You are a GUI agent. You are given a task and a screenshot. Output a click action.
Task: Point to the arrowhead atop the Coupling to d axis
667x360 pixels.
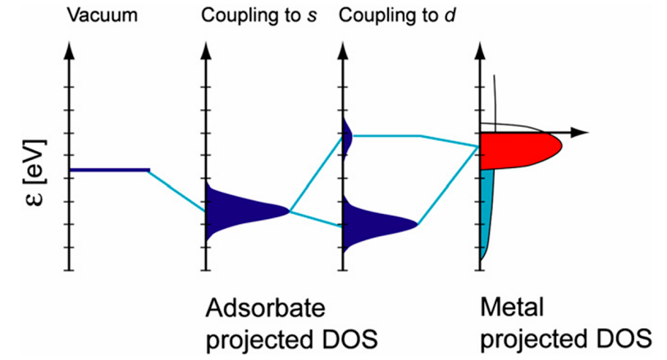coord(342,48)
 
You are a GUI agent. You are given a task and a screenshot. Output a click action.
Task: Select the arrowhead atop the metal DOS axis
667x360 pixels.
coord(479,48)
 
